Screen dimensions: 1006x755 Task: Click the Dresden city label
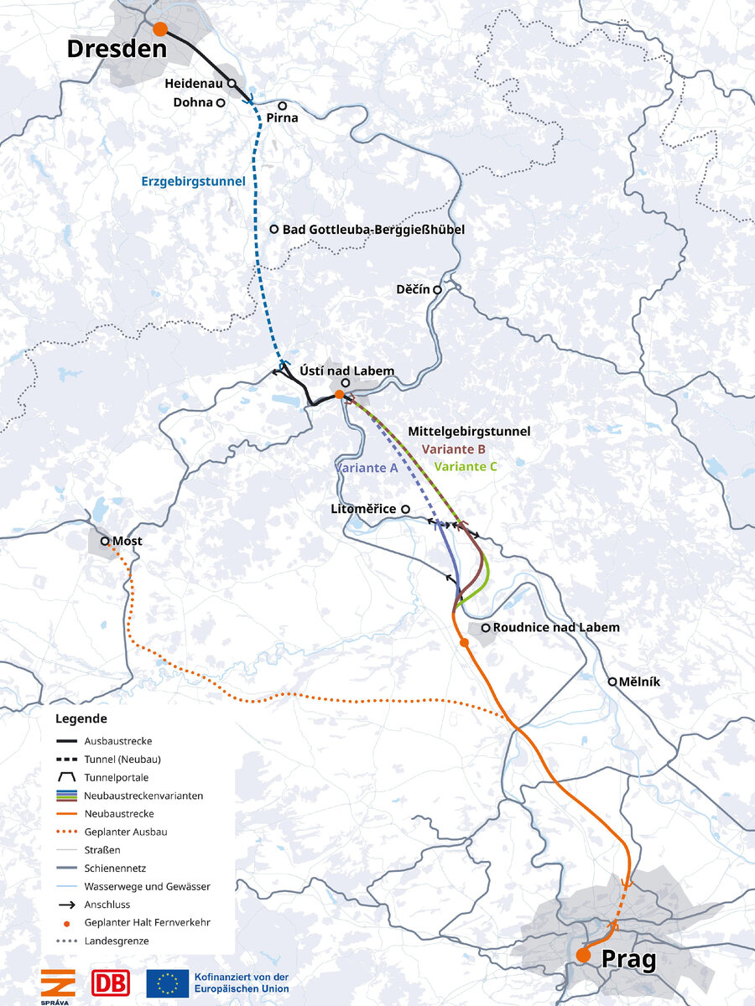(x=117, y=49)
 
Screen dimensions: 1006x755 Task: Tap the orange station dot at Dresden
(x=159, y=29)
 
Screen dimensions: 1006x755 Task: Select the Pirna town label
(x=282, y=118)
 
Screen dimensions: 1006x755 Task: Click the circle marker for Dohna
(x=221, y=103)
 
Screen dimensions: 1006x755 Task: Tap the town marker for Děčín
(x=437, y=289)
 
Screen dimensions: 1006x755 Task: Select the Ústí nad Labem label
(x=346, y=371)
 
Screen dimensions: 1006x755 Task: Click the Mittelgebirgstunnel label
(x=469, y=432)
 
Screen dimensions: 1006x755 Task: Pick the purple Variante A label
(x=366, y=468)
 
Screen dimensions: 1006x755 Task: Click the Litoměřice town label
(x=364, y=509)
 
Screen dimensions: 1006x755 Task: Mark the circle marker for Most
(x=106, y=542)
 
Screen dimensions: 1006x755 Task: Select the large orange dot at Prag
(x=583, y=955)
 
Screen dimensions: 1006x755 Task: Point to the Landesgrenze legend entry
(x=117, y=941)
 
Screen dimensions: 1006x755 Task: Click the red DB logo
(x=107, y=982)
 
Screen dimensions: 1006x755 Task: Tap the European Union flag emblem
(x=167, y=982)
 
